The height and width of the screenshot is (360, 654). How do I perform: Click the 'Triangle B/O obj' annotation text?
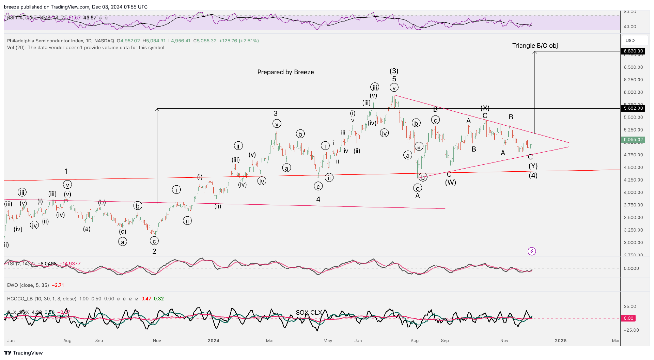(x=535, y=46)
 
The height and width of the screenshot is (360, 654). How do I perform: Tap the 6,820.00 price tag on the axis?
(x=633, y=51)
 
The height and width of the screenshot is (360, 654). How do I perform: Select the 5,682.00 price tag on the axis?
(x=633, y=108)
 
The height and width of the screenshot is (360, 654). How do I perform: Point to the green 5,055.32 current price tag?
(x=633, y=140)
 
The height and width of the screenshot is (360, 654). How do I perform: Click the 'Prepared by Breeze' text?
(x=285, y=72)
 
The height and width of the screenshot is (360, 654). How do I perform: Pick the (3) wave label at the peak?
(x=394, y=71)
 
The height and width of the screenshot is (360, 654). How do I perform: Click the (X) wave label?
(x=485, y=108)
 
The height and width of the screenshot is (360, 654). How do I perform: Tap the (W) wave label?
(x=450, y=183)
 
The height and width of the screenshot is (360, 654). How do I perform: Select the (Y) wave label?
(x=533, y=166)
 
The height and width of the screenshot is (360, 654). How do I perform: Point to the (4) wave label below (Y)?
(x=533, y=175)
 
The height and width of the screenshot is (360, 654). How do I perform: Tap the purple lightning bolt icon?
(x=532, y=251)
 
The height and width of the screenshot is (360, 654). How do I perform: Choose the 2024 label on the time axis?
(x=214, y=341)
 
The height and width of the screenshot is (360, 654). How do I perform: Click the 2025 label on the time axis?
(x=561, y=341)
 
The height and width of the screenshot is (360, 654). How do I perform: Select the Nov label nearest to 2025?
(x=504, y=341)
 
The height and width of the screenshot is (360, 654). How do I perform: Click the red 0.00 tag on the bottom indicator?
(x=628, y=318)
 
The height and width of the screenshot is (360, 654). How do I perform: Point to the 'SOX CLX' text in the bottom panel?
(x=309, y=312)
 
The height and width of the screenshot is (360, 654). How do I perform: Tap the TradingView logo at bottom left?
(x=23, y=353)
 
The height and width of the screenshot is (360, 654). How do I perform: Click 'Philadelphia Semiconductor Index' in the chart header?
(x=45, y=41)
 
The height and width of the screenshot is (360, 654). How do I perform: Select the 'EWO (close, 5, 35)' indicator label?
(x=28, y=285)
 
